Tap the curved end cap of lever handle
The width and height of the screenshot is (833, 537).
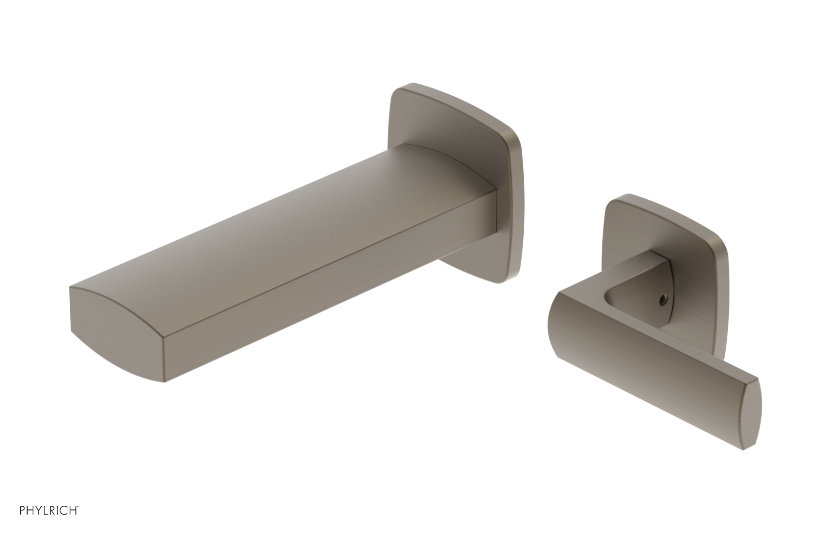coord(752,414)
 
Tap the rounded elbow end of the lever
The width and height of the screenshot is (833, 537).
coord(562,317)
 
